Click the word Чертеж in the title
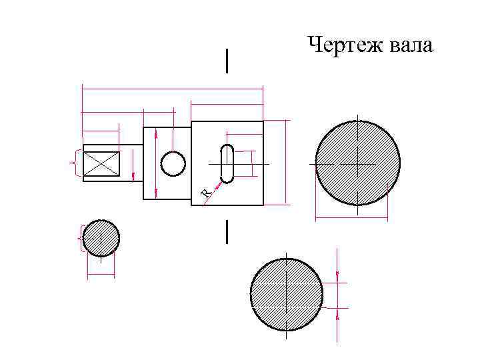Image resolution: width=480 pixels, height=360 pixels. coord(340,45)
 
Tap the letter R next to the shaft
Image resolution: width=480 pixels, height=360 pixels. coord(207,193)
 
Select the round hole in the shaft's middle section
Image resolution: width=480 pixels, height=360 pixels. coord(173,163)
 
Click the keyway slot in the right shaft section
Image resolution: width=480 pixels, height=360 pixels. coord(227,163)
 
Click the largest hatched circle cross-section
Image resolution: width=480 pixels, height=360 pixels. coord(357,163)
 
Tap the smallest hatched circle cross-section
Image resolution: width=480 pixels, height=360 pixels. coord(101,238)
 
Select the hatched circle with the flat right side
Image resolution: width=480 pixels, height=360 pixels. coord(286,294)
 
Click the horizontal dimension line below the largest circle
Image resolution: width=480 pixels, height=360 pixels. coord(351,217)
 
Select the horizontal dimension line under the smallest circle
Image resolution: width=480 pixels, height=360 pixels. coord(101,275)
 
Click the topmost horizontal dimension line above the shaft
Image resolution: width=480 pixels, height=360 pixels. coord(172,87)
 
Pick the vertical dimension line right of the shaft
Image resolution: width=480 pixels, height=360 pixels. coord(287,162)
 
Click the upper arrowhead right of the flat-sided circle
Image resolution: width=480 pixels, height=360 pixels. coord(337,275)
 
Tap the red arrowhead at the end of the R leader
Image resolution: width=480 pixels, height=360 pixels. coord(217,180)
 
